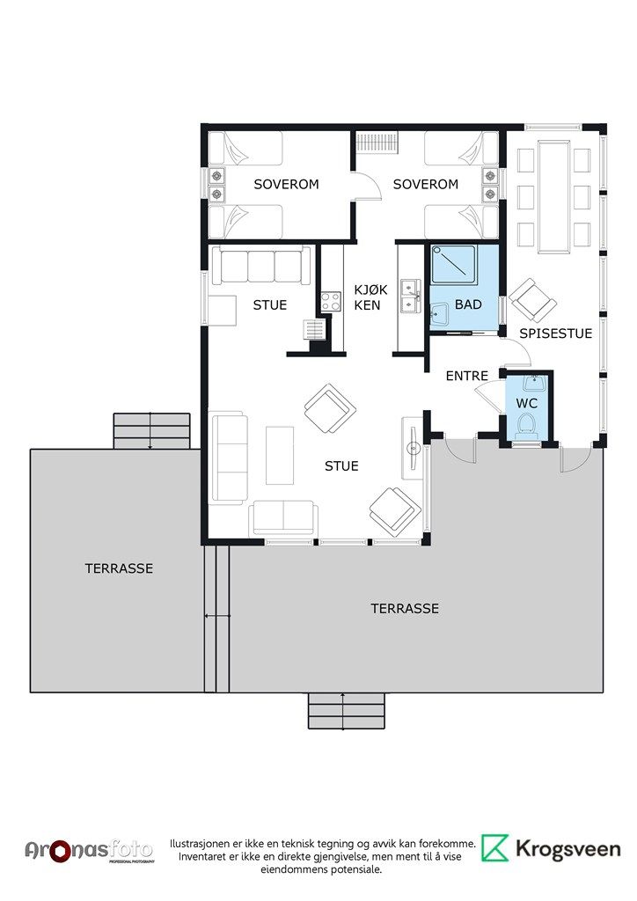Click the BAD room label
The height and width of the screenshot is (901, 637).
coord(468,304)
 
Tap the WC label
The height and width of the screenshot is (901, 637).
coord(527,403)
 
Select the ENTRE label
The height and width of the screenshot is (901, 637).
coord(467,376)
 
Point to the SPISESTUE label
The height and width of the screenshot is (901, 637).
coord(555,333)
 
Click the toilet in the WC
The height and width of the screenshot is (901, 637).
coord(527,425)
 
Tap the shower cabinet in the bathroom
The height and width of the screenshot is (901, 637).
coord(454,264)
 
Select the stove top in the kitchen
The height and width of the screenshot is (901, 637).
coord(331,302)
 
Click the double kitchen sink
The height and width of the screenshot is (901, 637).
coord(411,296)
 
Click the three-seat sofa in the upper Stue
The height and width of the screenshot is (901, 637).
coord(261,265)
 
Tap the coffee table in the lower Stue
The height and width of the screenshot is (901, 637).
coord(280,455)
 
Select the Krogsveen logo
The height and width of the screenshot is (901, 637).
coord(551,849)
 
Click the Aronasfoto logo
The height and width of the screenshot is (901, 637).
coord(89,851)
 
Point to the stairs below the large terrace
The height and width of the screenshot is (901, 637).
coord(346,711)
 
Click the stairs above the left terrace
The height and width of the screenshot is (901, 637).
coord(151,431)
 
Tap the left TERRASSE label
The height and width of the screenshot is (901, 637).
coord(119,568)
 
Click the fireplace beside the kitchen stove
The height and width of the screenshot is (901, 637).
coord(315,330)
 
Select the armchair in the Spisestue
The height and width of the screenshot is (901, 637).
coord(533,300)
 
